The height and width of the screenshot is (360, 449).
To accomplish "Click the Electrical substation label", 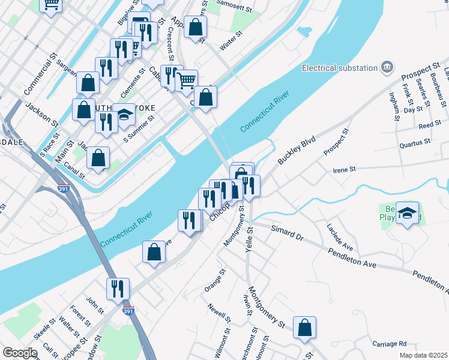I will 340,68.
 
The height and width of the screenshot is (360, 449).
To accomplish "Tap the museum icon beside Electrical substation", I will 387,67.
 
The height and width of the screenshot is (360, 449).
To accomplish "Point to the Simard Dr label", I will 287,233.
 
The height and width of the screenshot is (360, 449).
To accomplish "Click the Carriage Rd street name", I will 390,344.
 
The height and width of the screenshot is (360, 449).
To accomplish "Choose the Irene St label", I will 345,170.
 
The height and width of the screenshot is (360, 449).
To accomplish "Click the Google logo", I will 19,353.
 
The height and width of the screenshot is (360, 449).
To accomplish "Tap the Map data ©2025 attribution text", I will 424,355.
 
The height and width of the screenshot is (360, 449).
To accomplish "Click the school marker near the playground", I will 408,214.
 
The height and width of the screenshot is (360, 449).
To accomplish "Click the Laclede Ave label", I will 340,238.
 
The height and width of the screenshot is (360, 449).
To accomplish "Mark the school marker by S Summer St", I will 124,115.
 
